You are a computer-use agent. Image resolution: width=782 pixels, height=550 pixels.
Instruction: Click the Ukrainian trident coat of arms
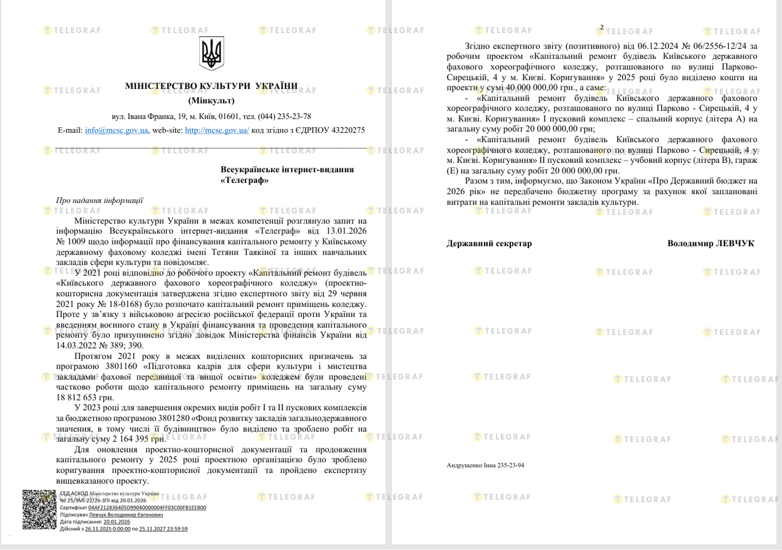[x=211, y=53]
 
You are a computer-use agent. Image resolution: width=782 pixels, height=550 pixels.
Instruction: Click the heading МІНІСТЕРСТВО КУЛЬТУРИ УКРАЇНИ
[x=210, y=86]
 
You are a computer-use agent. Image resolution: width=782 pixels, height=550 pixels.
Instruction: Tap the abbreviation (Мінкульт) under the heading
[x=210, y=100]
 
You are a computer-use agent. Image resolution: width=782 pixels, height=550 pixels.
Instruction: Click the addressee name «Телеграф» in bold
[x=245, y=180]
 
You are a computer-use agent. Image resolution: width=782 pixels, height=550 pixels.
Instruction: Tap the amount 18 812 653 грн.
[x=86, y=397]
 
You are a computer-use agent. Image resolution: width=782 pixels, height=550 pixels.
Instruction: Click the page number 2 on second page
[x=602, y=28]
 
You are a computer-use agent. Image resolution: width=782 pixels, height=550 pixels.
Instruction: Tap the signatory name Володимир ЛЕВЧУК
[x=711, y=244]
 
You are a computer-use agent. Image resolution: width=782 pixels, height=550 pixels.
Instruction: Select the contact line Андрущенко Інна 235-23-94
[x=486, y=465]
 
